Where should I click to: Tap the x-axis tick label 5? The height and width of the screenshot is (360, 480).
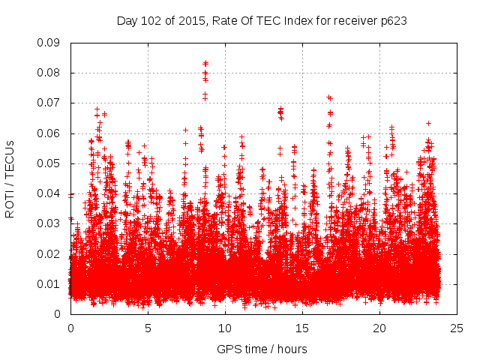[x=148, y=328]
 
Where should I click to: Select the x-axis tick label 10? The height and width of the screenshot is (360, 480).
[x=225, y=328]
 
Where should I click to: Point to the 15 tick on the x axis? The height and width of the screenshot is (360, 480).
[x=302, y=328]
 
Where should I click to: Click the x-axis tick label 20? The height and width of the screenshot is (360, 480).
[x=379, y=328]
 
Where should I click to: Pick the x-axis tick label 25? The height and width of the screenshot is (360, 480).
[x=457, y=328]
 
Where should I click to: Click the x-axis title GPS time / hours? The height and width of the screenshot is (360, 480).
[x=262, y=349]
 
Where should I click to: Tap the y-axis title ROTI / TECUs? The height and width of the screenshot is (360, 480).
[x=10, y=178]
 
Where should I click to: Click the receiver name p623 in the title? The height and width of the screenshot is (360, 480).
[x=392, y=20]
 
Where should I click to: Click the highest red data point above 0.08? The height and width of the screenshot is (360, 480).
[x=205, y=63]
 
